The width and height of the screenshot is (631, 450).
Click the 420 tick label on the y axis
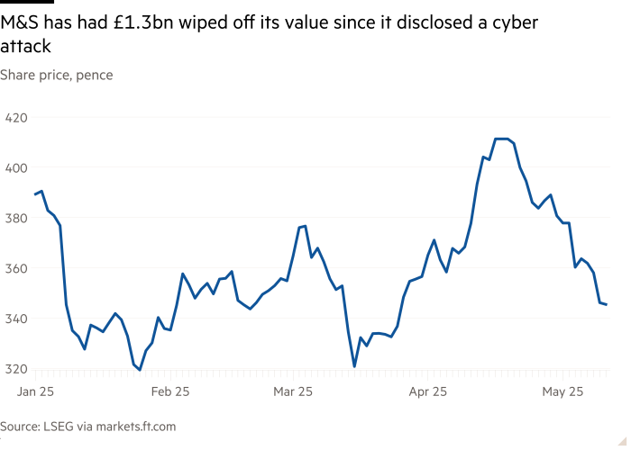click(x=15, y=117)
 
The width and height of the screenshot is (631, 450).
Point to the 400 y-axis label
click(x=15, y=167)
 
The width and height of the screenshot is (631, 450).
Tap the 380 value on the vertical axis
click(x=15, y=218)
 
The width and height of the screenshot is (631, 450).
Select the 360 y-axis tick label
click(x=15, y=268)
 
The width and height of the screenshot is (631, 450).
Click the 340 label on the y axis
click(x=15, y=319)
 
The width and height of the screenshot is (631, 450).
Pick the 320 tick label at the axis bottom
click(x=15, y=369)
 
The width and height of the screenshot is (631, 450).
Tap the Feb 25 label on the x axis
click(x=169, y=391)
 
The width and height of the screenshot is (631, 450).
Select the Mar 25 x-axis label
click(x=293, y=391)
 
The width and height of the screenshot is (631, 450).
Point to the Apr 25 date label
click(x=428, y=391)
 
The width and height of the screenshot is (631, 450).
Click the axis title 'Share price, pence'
click(x=56, y=75)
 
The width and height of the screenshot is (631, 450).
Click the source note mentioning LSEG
click(x=87, y=427)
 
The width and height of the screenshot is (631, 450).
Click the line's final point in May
click(x=606, y=305)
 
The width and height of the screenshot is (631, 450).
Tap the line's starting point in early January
click(x=35, y=194)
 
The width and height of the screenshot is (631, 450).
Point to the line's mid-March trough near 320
click(x=354, y=367)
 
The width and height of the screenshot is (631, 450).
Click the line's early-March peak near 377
click(x=305, y=226)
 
